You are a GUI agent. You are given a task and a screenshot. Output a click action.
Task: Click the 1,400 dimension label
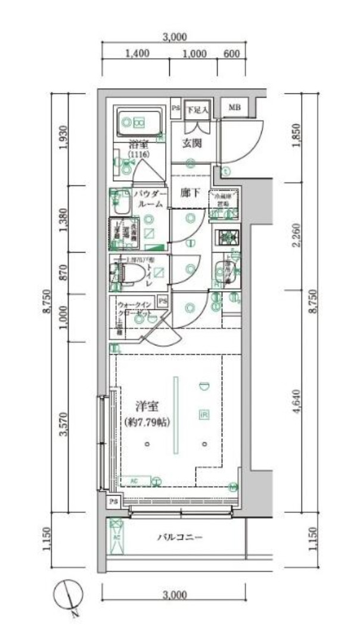(x=137, y=54)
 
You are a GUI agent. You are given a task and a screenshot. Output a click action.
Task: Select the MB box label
(x=234, y=109)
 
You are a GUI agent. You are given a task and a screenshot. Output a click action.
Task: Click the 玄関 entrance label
(x=191, y=143)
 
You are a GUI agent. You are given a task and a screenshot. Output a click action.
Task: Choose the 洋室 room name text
(x=147, y=408)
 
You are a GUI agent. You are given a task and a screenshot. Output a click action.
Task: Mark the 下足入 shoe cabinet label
(x=196, y=110)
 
